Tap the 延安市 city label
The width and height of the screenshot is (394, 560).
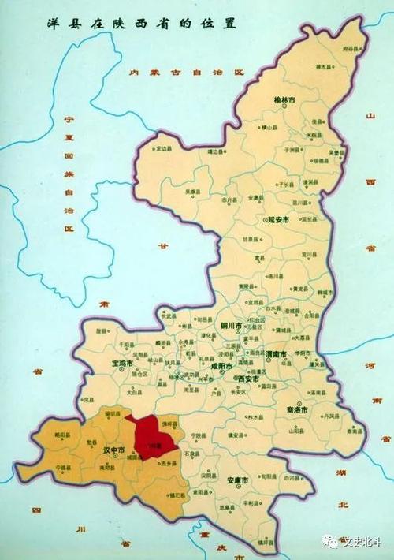pos(278,220)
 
